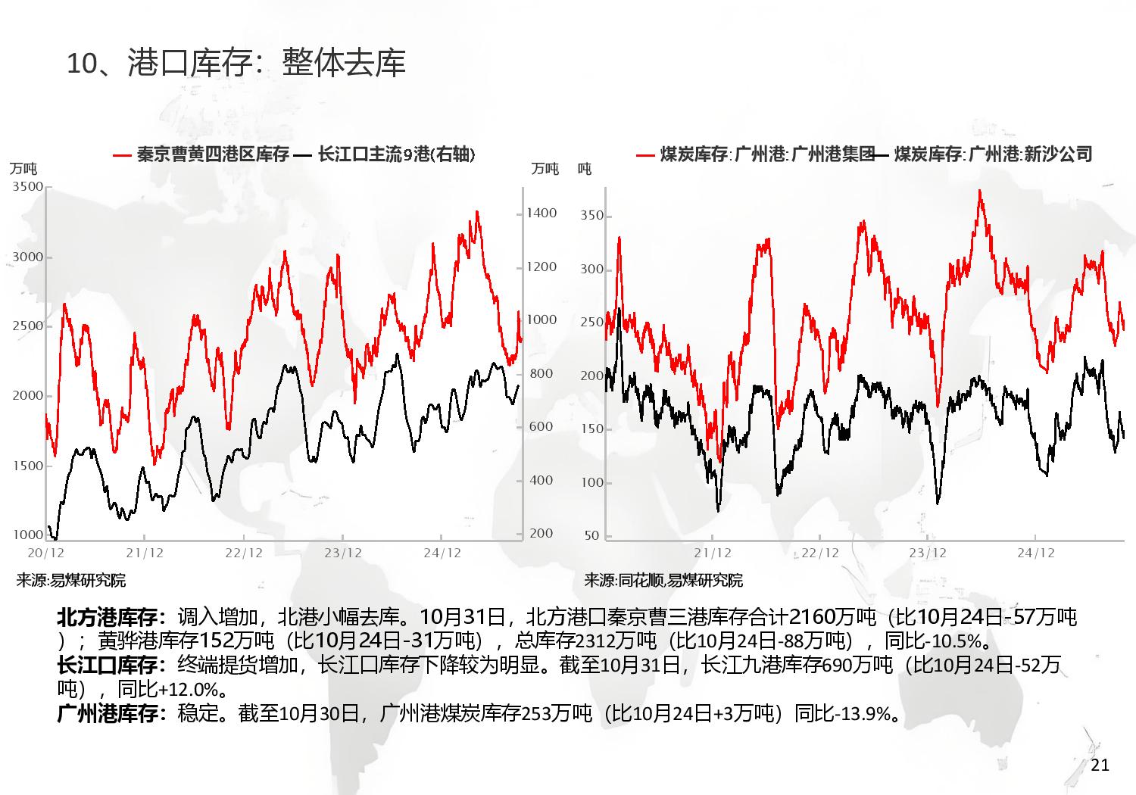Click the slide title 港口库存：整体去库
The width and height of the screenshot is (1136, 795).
236,62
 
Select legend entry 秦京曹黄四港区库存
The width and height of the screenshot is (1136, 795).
213,154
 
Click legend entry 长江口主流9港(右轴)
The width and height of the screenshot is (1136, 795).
396,154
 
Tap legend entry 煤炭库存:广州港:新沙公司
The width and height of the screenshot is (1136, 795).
993,154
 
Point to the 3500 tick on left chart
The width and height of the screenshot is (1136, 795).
28,187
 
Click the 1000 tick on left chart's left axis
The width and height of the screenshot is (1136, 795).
28,535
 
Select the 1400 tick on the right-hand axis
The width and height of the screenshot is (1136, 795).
541,214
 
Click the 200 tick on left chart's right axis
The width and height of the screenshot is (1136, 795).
541,533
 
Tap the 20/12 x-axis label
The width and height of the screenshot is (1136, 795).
46,553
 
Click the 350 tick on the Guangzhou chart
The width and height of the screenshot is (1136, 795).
591,216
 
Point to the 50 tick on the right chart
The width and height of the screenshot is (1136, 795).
591,535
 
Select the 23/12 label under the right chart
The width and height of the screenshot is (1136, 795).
928,553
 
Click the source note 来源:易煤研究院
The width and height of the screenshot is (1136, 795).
70,581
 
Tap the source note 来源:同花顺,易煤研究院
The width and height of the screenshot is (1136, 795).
663,581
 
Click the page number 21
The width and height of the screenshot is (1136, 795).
1100,765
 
